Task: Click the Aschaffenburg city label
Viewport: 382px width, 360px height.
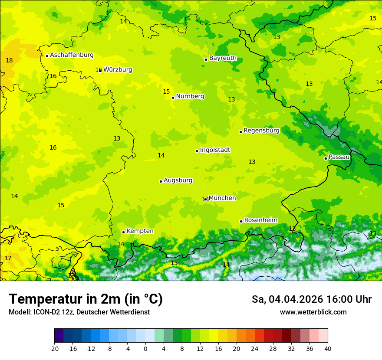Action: click(x=72, y=55)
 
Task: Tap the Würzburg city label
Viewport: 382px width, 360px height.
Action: click(x=118, y=70)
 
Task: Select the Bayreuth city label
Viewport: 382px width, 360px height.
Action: click(x=223, y=58)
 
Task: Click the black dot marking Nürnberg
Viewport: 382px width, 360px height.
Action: click(x=173, y=98)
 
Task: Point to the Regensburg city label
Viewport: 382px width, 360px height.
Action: click(x=261, y=131)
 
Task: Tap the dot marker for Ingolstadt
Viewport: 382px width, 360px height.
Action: click(x=197, y=151)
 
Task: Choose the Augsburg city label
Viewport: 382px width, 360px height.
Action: click(x=178, y=180)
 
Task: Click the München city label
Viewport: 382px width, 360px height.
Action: click(x=222, y=198)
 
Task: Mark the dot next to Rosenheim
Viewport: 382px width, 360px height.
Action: click(x=241, y=221)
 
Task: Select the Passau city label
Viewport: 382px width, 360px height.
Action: click(x=339, y=157)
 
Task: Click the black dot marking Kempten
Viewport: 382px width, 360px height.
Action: click(x=123, y=232)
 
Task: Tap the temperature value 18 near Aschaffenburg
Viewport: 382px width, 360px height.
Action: click(x=9, y=61)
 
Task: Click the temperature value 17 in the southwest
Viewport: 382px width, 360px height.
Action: click(x=8, y=259)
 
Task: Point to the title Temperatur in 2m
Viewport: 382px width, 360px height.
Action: click(x=86, y=299)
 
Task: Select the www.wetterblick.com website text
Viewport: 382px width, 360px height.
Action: click(x=313, y=312)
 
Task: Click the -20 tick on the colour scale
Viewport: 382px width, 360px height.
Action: click(x=54, y=348)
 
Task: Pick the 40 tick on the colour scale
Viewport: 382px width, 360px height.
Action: click(x=327, y=348)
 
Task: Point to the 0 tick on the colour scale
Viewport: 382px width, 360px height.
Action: click(x=145, y=348)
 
